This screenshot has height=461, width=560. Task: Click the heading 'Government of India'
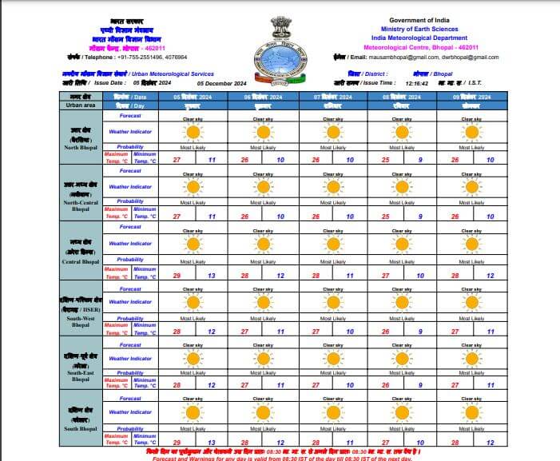point(421,19)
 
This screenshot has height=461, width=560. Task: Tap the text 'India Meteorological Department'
point(421,37)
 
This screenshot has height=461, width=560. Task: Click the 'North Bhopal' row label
point(81,147)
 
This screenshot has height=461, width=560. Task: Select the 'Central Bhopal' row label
point(81,261)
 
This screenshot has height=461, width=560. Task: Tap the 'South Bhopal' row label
point(81,429)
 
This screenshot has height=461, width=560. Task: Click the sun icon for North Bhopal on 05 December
point(191,132)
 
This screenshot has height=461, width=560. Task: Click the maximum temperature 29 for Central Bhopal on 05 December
point(177,275)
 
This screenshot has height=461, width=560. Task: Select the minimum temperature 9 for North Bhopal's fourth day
point(420,160)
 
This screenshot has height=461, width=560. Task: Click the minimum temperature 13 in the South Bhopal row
point(211,442)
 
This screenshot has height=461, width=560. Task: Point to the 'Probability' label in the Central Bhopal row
point(130,260)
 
